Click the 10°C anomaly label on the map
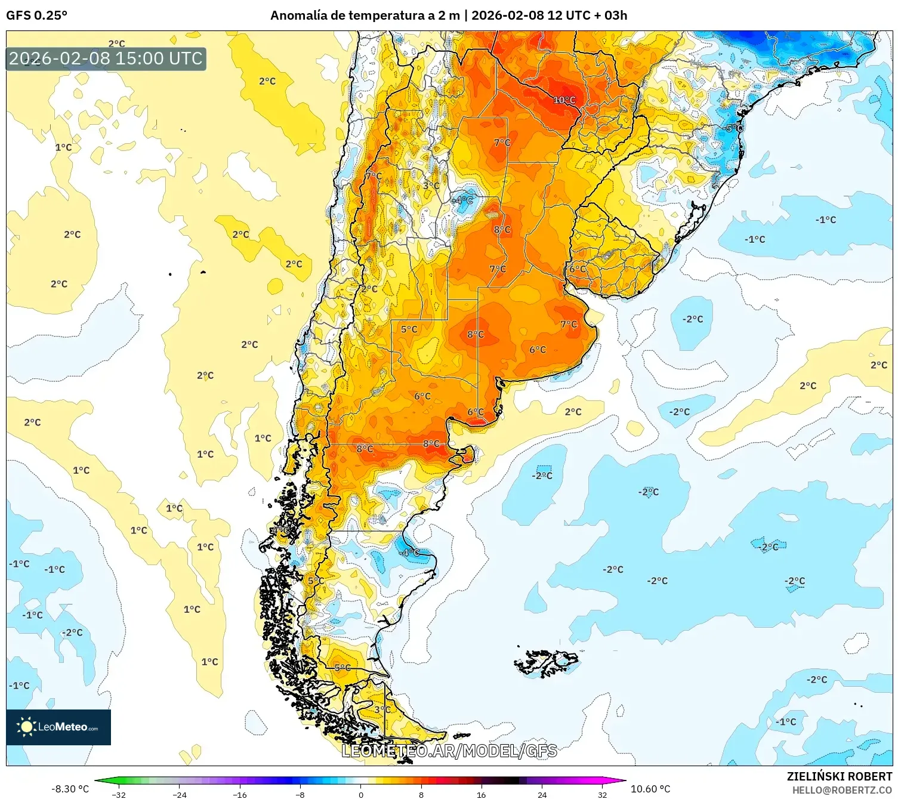point(564,100)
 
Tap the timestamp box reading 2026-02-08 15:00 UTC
point(106,58)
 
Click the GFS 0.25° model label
point(37,16)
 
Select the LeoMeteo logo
point(58,727)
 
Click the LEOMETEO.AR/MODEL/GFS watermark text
point(449,751)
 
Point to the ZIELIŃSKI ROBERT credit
point(839,776)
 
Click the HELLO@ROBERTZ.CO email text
point(841,790)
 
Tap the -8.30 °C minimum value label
point(70,789)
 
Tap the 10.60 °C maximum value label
point(650,789)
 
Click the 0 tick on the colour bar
point(360,794)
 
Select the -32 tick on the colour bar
point(119,794)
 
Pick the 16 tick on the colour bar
point(481,794)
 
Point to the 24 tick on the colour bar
point(542,794)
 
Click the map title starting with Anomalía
point(449,16)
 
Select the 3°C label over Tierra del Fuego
point(382,709)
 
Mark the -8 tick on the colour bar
point(300,794)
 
